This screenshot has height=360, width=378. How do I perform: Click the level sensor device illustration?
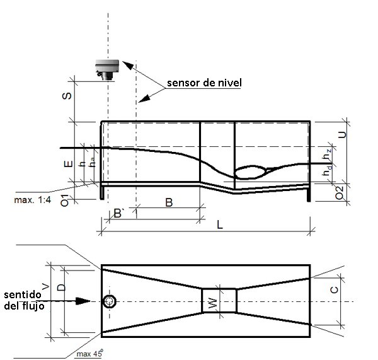coord(107,69)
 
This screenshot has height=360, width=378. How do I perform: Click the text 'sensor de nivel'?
coord(204,83)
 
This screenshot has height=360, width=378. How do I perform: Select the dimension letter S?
coord(67,96)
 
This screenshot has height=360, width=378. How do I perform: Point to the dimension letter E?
coord(69,164)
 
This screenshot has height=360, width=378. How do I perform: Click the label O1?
coord(65,200)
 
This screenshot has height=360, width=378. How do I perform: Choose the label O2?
coord(340,193)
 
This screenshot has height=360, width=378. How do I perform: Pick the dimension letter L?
coord(220,225)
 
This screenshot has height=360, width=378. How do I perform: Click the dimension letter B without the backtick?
coord(169,202)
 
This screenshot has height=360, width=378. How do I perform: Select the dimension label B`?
coord(119,214)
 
